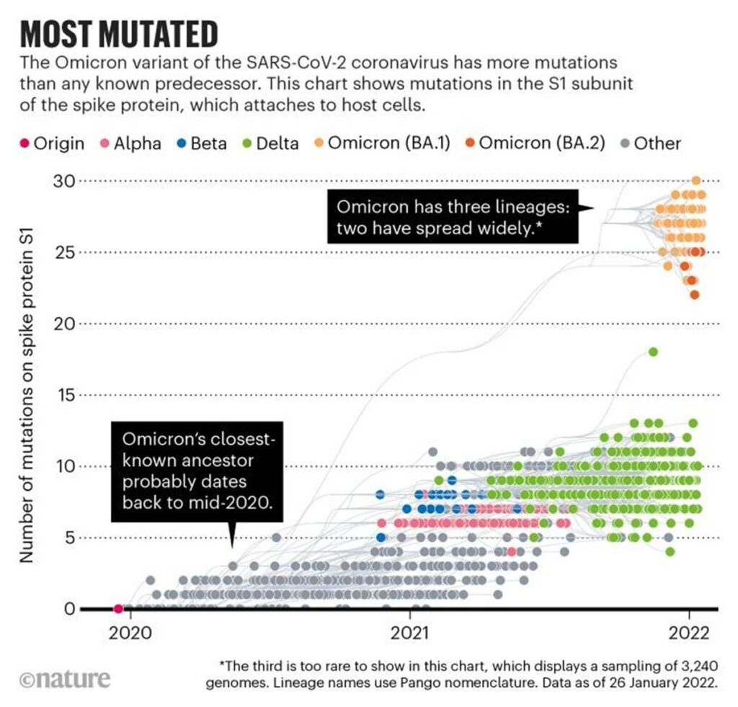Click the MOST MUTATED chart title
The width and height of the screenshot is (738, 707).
(x=119, y=34)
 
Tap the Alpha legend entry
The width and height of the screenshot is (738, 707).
(x=131, y=143)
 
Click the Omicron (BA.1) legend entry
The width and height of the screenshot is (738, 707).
(x=381, y=143)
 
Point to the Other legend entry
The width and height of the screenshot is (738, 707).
(x=649, y=143)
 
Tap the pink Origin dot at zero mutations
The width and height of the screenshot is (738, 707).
(x=119, y=609)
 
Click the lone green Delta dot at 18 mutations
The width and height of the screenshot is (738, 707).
(x=653, y=352)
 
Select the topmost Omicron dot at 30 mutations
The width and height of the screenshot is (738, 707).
(x=695, y=180)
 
